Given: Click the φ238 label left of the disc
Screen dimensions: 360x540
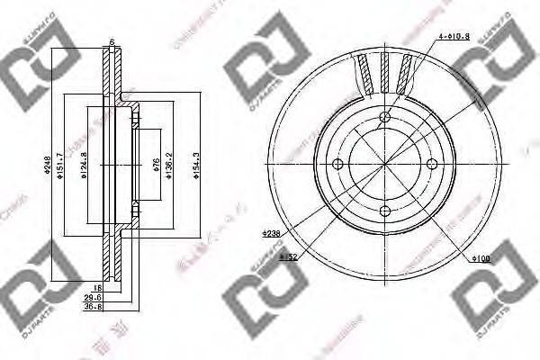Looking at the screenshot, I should pos(272,232).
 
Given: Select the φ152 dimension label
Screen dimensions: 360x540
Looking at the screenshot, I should pos(288,257).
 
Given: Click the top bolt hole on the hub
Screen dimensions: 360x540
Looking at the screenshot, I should pos(385,116).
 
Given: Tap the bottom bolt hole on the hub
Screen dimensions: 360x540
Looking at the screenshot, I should pos(385,210).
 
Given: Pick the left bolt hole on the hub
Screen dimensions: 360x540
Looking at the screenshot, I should pos(338,163).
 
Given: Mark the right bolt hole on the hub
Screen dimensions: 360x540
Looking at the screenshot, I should pos(432,163).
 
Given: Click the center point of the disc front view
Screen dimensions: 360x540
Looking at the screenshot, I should pos(385,163).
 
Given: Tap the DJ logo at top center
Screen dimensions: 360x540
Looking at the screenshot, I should pos(261,70).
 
